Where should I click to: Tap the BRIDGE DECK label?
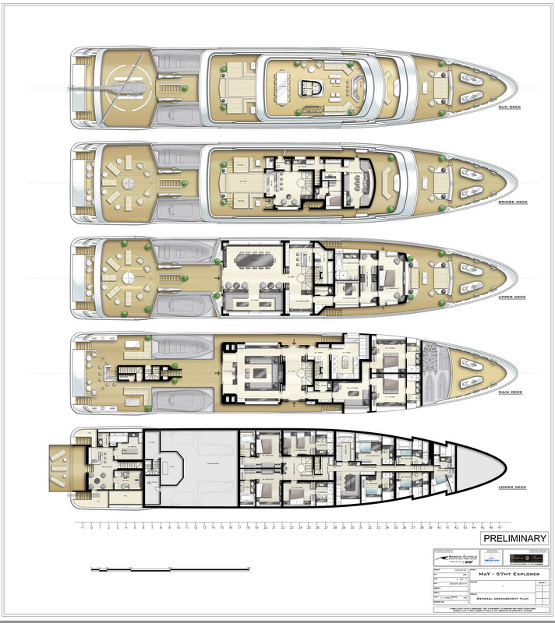[x=511, y=202]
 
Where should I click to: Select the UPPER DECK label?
[x=511, y=297]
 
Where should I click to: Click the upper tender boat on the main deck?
[x=180, y=346]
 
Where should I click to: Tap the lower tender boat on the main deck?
[x=180, y=400]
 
